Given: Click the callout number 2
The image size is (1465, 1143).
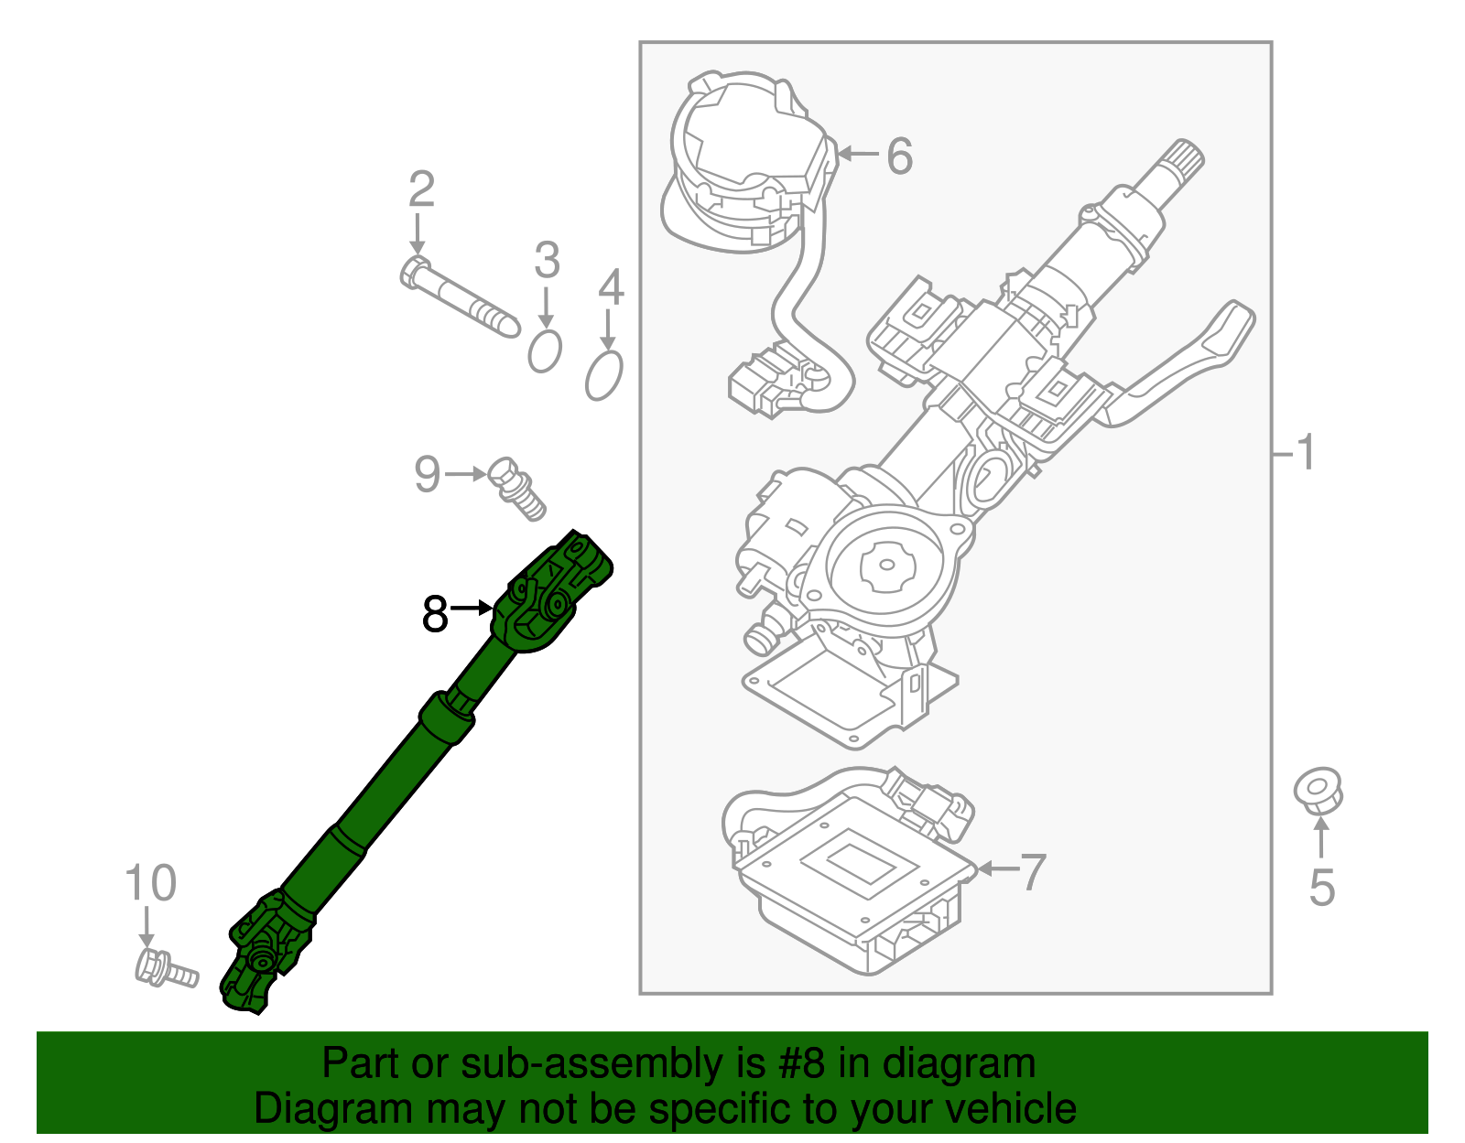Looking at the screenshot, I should pos(421,189).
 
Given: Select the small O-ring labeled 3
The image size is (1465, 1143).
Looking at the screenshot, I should pos(545,351).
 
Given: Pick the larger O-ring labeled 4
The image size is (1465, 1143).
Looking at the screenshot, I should pos(604,375).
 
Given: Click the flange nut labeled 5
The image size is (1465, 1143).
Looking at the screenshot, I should pos(1318,791).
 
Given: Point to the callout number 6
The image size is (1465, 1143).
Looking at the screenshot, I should pos(899,156).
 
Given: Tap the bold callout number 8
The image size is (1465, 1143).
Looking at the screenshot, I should pos(435,614).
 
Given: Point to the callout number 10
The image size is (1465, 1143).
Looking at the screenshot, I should pos(150,884).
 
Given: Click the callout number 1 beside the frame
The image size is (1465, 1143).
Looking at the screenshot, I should pos(1307,453).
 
